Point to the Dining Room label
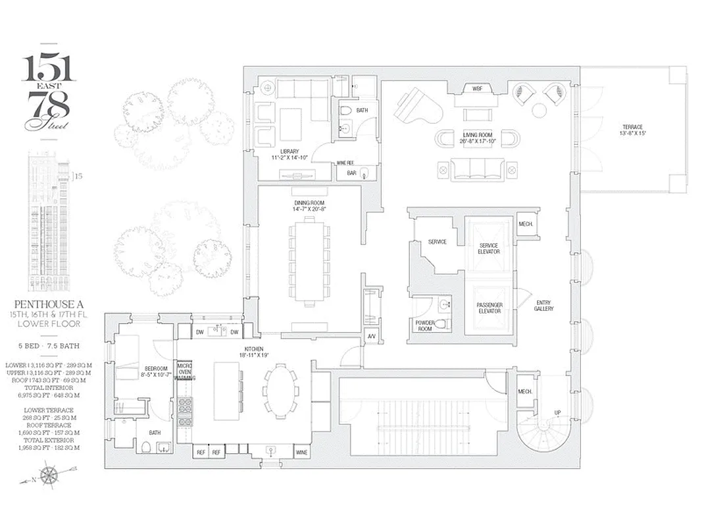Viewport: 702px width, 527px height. pyautogui.click(x=309, y=206)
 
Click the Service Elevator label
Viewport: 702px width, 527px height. pyautogui.click(x=488, y=248)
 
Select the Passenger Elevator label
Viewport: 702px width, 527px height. pyautogui.click(x=489, y=308)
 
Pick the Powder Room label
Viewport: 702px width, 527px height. pyautogui.click(x=425, y=325)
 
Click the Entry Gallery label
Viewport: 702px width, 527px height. pyautogui.click(x=543, y=306)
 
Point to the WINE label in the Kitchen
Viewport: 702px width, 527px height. pyautogui.click(x=301, y=453)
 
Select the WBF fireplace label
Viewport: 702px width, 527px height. pyautogui.click(x=478, y=88)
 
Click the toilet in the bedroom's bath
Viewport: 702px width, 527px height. pyautogui.click(x=146, y=447)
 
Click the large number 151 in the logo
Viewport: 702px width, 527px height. pyautogui.click(x=49, y=67)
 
